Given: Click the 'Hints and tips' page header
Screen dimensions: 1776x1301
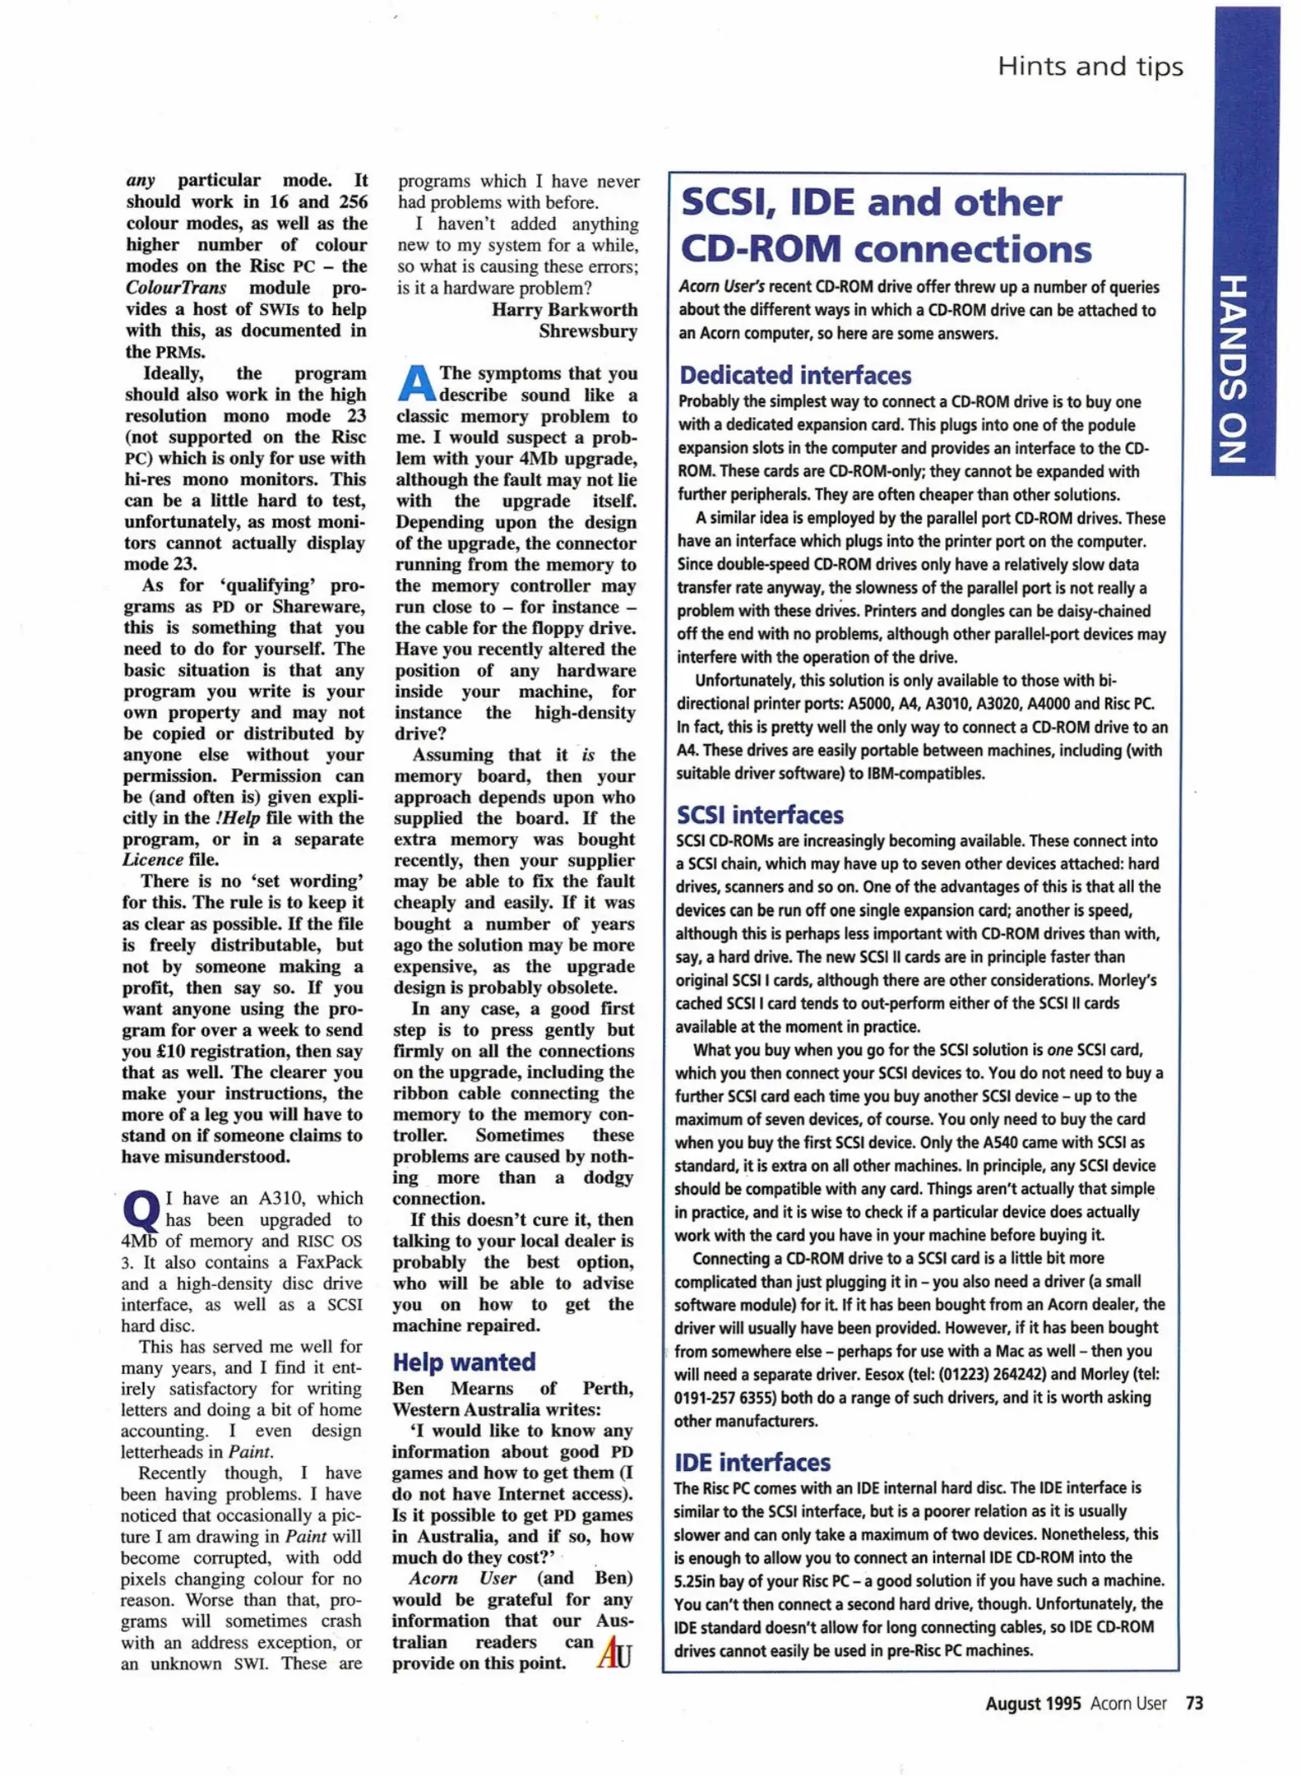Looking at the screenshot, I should click(x=1090, y=66).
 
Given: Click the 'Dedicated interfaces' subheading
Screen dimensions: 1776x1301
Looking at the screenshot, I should click(x=794, y=376).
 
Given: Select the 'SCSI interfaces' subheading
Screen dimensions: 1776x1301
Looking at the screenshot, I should click(x=760, y=815).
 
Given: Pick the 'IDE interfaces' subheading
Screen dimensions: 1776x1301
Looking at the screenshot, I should click(x=752, y=1462).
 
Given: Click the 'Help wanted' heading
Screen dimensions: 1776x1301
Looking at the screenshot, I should click(x=464, y=1362).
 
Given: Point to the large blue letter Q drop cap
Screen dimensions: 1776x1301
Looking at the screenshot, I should click(x=141, y=1209).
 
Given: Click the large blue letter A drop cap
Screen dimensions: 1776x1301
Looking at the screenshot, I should click(x=416, y=384).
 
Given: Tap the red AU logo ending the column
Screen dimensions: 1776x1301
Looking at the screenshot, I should click(x=614, y=1652).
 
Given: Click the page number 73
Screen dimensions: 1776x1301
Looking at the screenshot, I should click(x=1194, y=1703).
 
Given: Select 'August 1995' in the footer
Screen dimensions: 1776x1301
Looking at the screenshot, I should click(x=1033, y=1704).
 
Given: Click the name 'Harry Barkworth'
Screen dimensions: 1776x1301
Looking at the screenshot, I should click(x=564, y=310).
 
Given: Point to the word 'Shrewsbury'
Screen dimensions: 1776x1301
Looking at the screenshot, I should click(x=588, y=331).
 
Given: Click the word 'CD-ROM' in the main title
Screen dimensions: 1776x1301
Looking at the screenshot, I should click(x=761, y=249).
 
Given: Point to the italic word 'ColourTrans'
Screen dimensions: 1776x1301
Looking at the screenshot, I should click(x=175, y=288).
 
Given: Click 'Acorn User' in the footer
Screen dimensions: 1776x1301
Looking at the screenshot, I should click(x=1128, y=1704).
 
